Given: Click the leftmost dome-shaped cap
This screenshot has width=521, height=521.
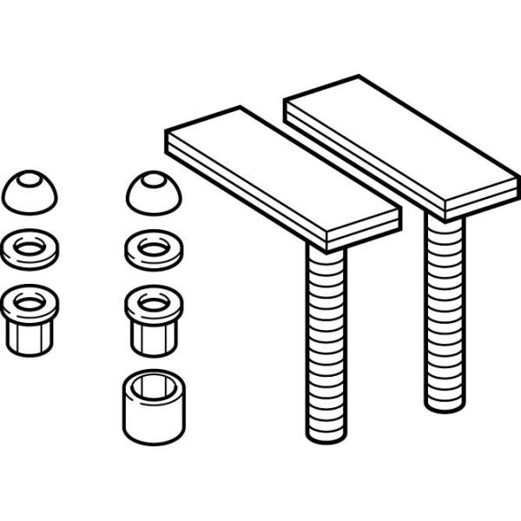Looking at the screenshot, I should tap(30, 193).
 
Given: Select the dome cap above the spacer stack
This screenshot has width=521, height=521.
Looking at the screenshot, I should tap(154, 193).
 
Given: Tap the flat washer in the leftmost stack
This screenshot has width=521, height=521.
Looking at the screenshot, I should tap(30, 247).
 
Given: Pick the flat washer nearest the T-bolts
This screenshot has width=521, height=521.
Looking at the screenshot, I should tap(154, 248).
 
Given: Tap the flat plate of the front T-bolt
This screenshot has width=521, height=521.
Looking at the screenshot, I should tap(282, 178).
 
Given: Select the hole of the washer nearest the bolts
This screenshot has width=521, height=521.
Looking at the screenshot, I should tap(154, 247).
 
